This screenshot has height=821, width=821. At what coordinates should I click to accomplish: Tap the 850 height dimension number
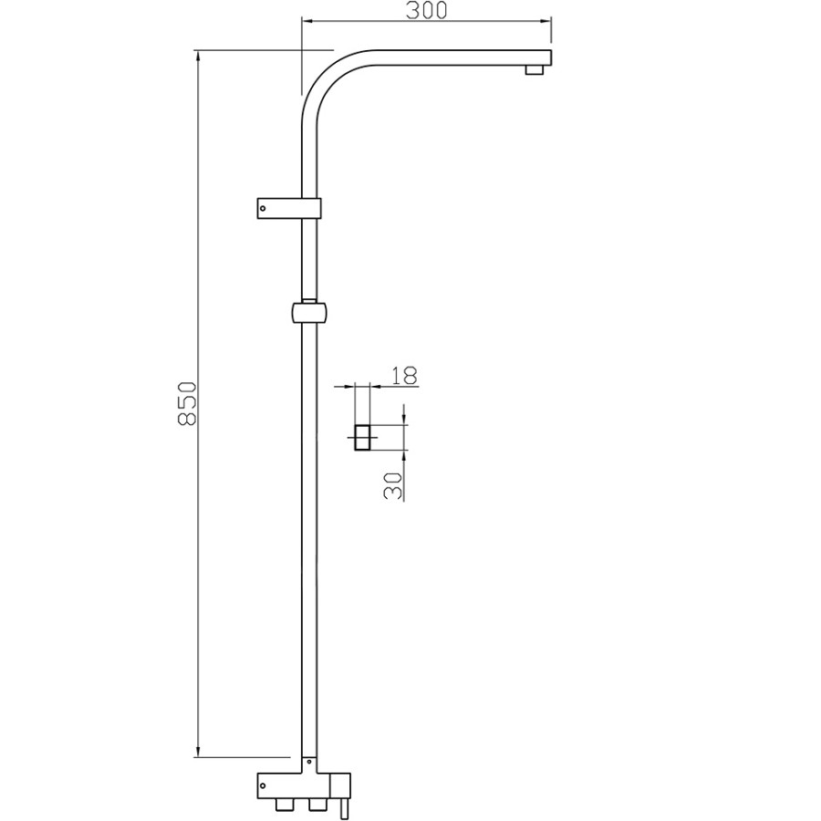click(186, 402)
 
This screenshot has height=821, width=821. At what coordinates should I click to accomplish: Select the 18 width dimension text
click(403, 375)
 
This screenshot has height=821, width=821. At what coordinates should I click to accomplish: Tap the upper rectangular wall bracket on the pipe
click(287, 208)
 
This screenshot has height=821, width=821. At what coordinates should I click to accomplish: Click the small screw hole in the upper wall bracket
click(264, 208)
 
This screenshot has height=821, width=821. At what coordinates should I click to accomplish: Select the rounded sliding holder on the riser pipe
click(309, 313)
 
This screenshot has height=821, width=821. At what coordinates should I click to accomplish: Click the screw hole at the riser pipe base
click(310, 762)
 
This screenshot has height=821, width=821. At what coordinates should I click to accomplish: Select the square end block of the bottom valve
click(340, 785)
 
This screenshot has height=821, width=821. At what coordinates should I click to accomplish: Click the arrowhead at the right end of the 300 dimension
click(547, 21)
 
